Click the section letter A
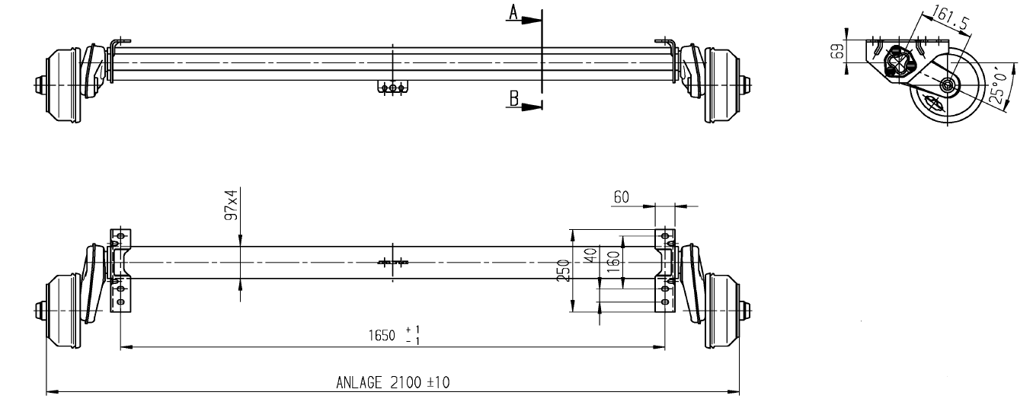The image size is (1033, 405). coord(513,12)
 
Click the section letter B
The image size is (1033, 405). coord(513,97)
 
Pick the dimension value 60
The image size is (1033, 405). coord(622,197)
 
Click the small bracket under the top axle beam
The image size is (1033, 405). coord(392,88)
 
